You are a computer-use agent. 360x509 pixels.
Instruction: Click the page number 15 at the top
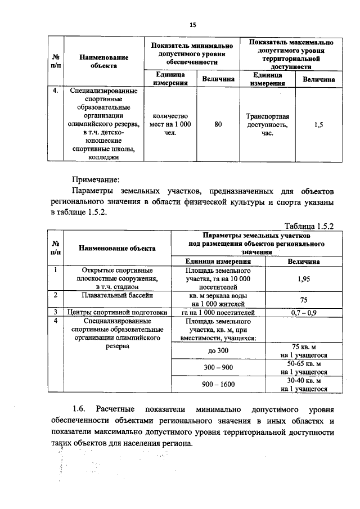[193, 25]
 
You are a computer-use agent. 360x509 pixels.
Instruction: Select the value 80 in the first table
[218, 125]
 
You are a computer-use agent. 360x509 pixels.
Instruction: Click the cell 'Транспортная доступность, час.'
[267, 125]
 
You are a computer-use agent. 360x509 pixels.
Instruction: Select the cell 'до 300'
[219, 351]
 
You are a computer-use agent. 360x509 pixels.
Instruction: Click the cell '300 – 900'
[219, 367]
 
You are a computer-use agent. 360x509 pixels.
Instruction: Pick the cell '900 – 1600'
[219, 384]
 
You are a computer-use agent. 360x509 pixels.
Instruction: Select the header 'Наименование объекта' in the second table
[117, 247]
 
